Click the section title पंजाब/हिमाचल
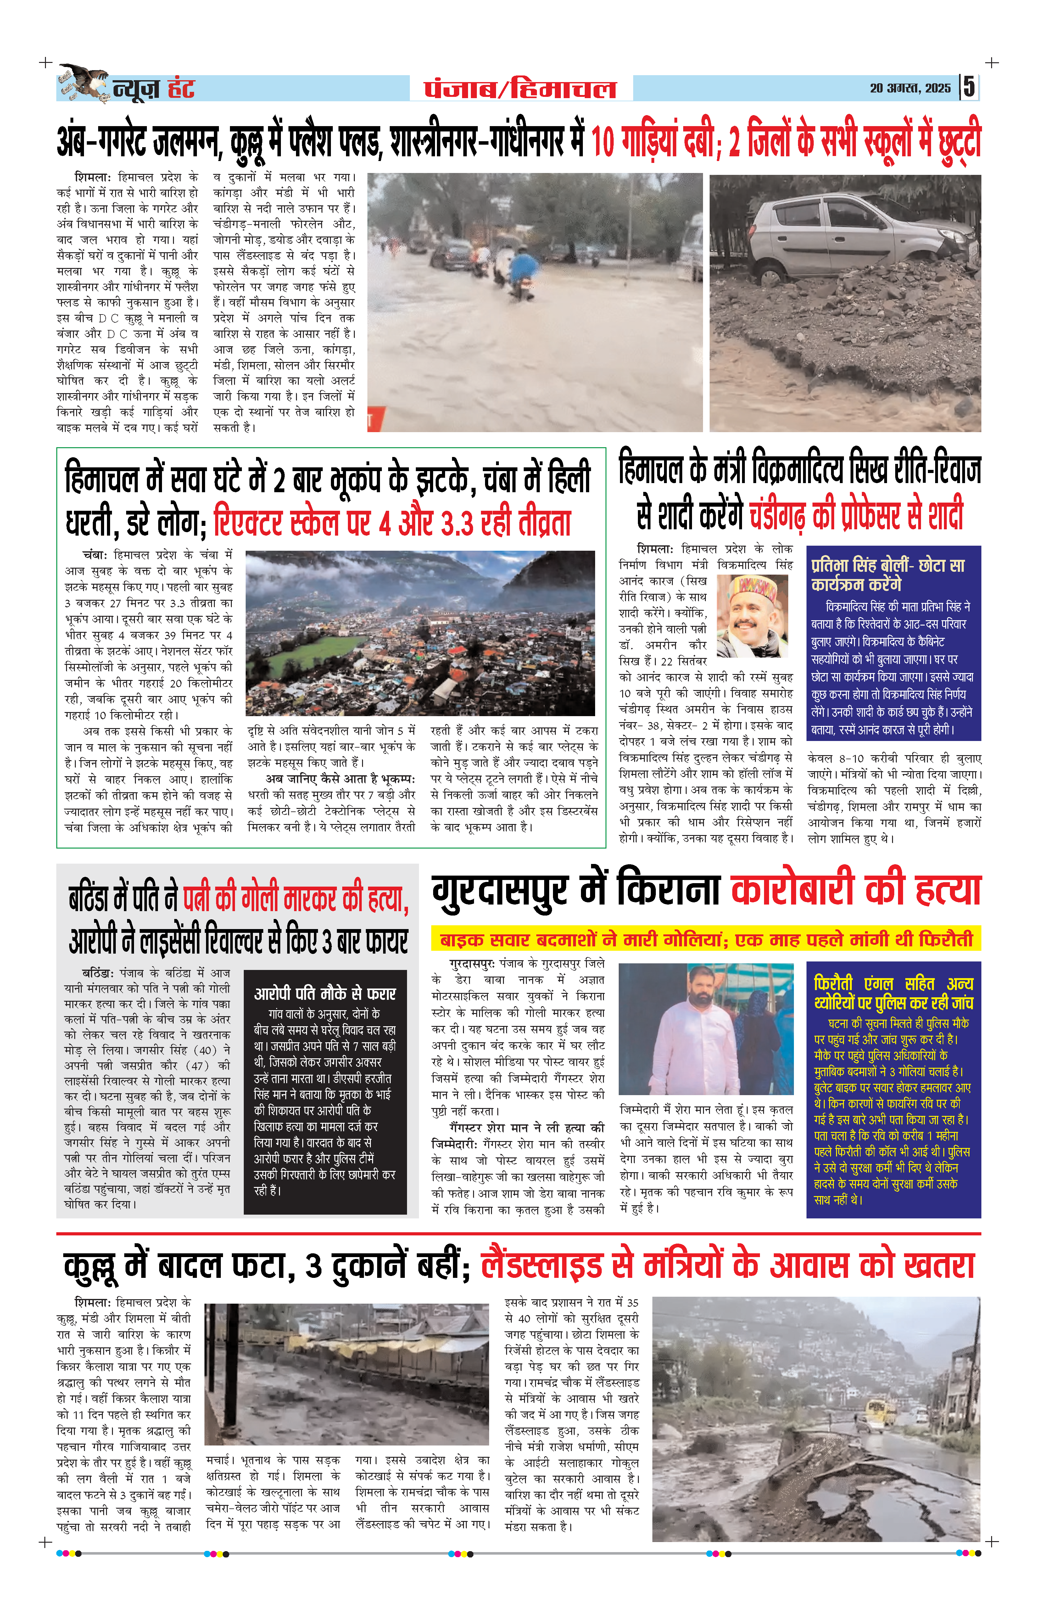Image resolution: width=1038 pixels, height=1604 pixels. coord(520,88)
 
